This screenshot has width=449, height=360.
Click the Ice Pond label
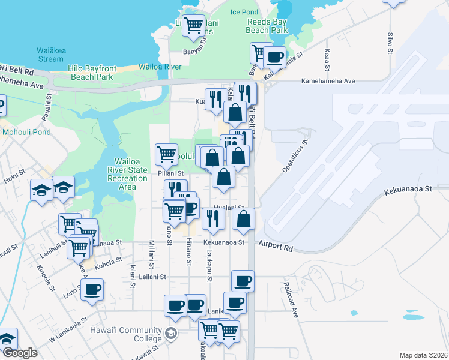pyautogui.click(x=244, y=12)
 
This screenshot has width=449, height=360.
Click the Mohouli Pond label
pyautogui.click(x=27, y=132)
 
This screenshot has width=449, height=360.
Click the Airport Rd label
pyautogui.click(x=276, y=246)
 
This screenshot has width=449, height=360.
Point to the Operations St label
pyautogui.click(x=295, y=155)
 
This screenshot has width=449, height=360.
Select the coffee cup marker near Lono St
pyautogui.click(x=92, y=289)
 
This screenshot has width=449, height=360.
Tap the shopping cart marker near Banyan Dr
pyautogui.click(x=193, y=25)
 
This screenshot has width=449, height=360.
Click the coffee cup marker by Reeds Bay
pyautogui.click(x=274, y=57)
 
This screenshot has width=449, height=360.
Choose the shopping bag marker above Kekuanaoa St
pyautogui.click(x=243, y=219)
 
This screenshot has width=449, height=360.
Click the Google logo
pyautogui.click(x=20, y=353)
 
